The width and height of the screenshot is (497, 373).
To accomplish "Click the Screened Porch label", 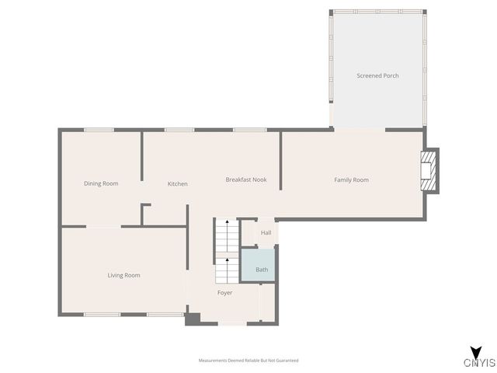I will click(377, 75).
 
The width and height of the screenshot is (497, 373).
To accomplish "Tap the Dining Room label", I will click(101, 183).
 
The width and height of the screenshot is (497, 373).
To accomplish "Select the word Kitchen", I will click(178, 184).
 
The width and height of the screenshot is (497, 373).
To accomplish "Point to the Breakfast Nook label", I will click(246, 180).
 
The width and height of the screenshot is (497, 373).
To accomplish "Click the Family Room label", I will click(351, 180).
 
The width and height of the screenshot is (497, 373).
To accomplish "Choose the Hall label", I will click(266, 232).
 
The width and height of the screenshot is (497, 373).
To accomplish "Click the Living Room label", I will click(123, 275).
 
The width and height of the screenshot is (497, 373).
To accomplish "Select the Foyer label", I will click(224, 293).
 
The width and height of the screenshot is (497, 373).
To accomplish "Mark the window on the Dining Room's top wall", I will click(99, 130).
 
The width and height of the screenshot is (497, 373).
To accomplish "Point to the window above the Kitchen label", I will click(179, 130).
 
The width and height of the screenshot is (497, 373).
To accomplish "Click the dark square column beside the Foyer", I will click(193, 318).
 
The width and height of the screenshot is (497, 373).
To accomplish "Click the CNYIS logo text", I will click(479, 362).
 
